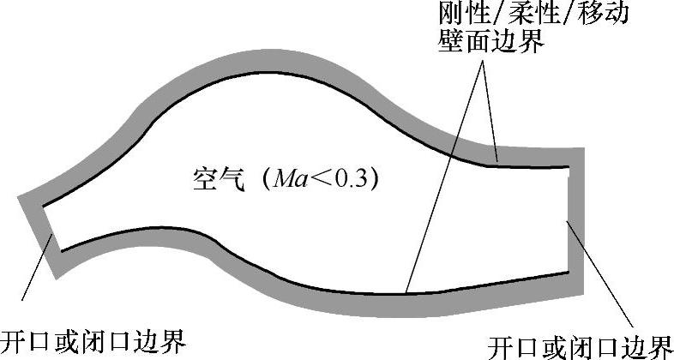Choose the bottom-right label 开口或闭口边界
580,345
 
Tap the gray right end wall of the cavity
576,219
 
